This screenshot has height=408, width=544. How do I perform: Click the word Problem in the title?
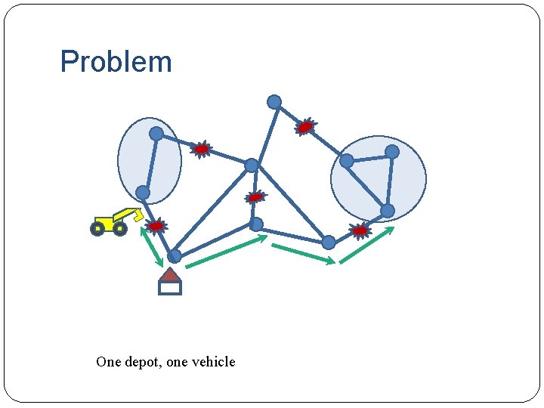tap(116, 62)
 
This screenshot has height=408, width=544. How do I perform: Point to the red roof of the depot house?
tap(171, 275)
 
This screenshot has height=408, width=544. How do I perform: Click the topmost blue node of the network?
tap(274, 102)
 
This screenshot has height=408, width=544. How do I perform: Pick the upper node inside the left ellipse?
tap(156, 134)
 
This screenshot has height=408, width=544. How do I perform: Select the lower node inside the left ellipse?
tap(142, 193)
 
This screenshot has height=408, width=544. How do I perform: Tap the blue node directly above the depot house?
tap(175, 256)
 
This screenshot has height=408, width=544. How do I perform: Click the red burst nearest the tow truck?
tap(156, 226)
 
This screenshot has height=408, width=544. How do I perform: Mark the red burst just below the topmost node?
tap(305, 127)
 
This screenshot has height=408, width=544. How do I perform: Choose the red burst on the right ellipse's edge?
tap(360, 230)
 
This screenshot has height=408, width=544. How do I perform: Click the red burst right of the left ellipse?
tap(201, 150)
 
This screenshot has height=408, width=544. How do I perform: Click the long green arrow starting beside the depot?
tap(226, 252)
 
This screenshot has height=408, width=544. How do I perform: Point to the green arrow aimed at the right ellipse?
tap(367, 244)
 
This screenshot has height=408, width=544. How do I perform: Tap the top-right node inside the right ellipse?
tap(392, 152)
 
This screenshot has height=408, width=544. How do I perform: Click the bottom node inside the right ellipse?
tap(387, 211)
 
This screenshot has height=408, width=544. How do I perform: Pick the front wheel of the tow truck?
tap(97, 228)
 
